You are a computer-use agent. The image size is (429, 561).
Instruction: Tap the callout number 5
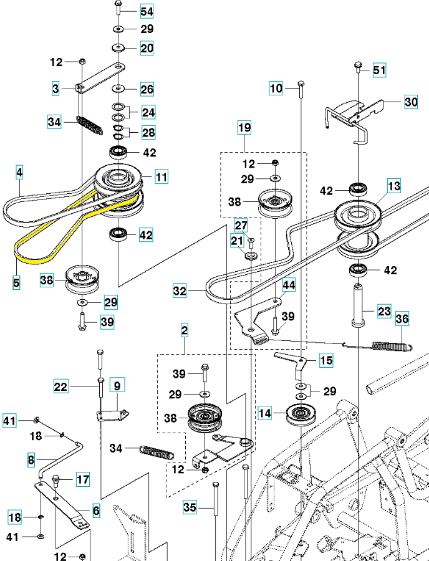point(16,282)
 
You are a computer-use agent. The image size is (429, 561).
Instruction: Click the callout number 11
point(161,177)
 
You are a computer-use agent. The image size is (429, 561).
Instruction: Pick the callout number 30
point(410,102)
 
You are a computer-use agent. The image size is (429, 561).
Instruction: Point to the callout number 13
point(394,186)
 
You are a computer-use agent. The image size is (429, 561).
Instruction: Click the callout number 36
point(402,319)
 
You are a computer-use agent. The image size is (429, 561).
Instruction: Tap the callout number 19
point(244,128)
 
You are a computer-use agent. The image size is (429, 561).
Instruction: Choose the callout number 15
point(325,360)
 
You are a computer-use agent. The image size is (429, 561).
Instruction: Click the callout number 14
point(266,412)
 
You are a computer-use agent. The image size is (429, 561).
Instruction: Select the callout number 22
point(60,386)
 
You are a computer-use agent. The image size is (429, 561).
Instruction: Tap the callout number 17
point(83,479)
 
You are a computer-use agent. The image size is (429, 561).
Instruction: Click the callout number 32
point(180,290)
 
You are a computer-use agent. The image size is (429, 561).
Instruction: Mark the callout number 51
point(380,70)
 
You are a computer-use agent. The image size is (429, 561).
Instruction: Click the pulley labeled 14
point(301,415)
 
